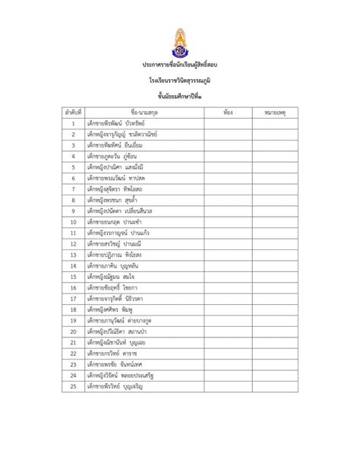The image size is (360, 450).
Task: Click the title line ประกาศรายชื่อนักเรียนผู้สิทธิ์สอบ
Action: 179,68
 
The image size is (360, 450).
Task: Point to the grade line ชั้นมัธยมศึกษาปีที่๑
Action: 179,97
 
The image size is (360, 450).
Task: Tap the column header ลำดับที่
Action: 73,112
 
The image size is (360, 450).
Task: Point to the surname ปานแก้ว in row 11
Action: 145,233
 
